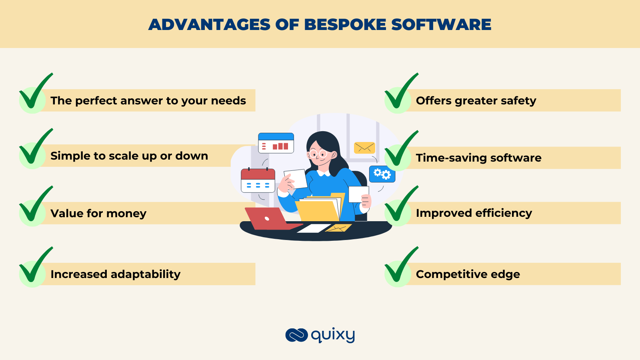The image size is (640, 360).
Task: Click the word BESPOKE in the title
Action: [345, 25]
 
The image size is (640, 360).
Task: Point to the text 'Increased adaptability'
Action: [115, 274]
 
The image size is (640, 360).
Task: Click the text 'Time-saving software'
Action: [478, 158]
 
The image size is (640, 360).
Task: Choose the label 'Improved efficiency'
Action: [474, 213]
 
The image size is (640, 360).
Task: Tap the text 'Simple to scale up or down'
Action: [129, 156]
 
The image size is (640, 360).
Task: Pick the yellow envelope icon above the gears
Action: [364, 148]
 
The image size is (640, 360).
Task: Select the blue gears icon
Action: [382, 174]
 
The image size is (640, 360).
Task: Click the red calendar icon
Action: [258, 180]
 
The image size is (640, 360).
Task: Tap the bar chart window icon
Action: [276, 143]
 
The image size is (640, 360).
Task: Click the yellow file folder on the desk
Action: [318, 210]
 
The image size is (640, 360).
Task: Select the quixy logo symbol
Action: [296, 335]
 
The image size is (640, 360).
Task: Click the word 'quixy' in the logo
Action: [333, 335]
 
